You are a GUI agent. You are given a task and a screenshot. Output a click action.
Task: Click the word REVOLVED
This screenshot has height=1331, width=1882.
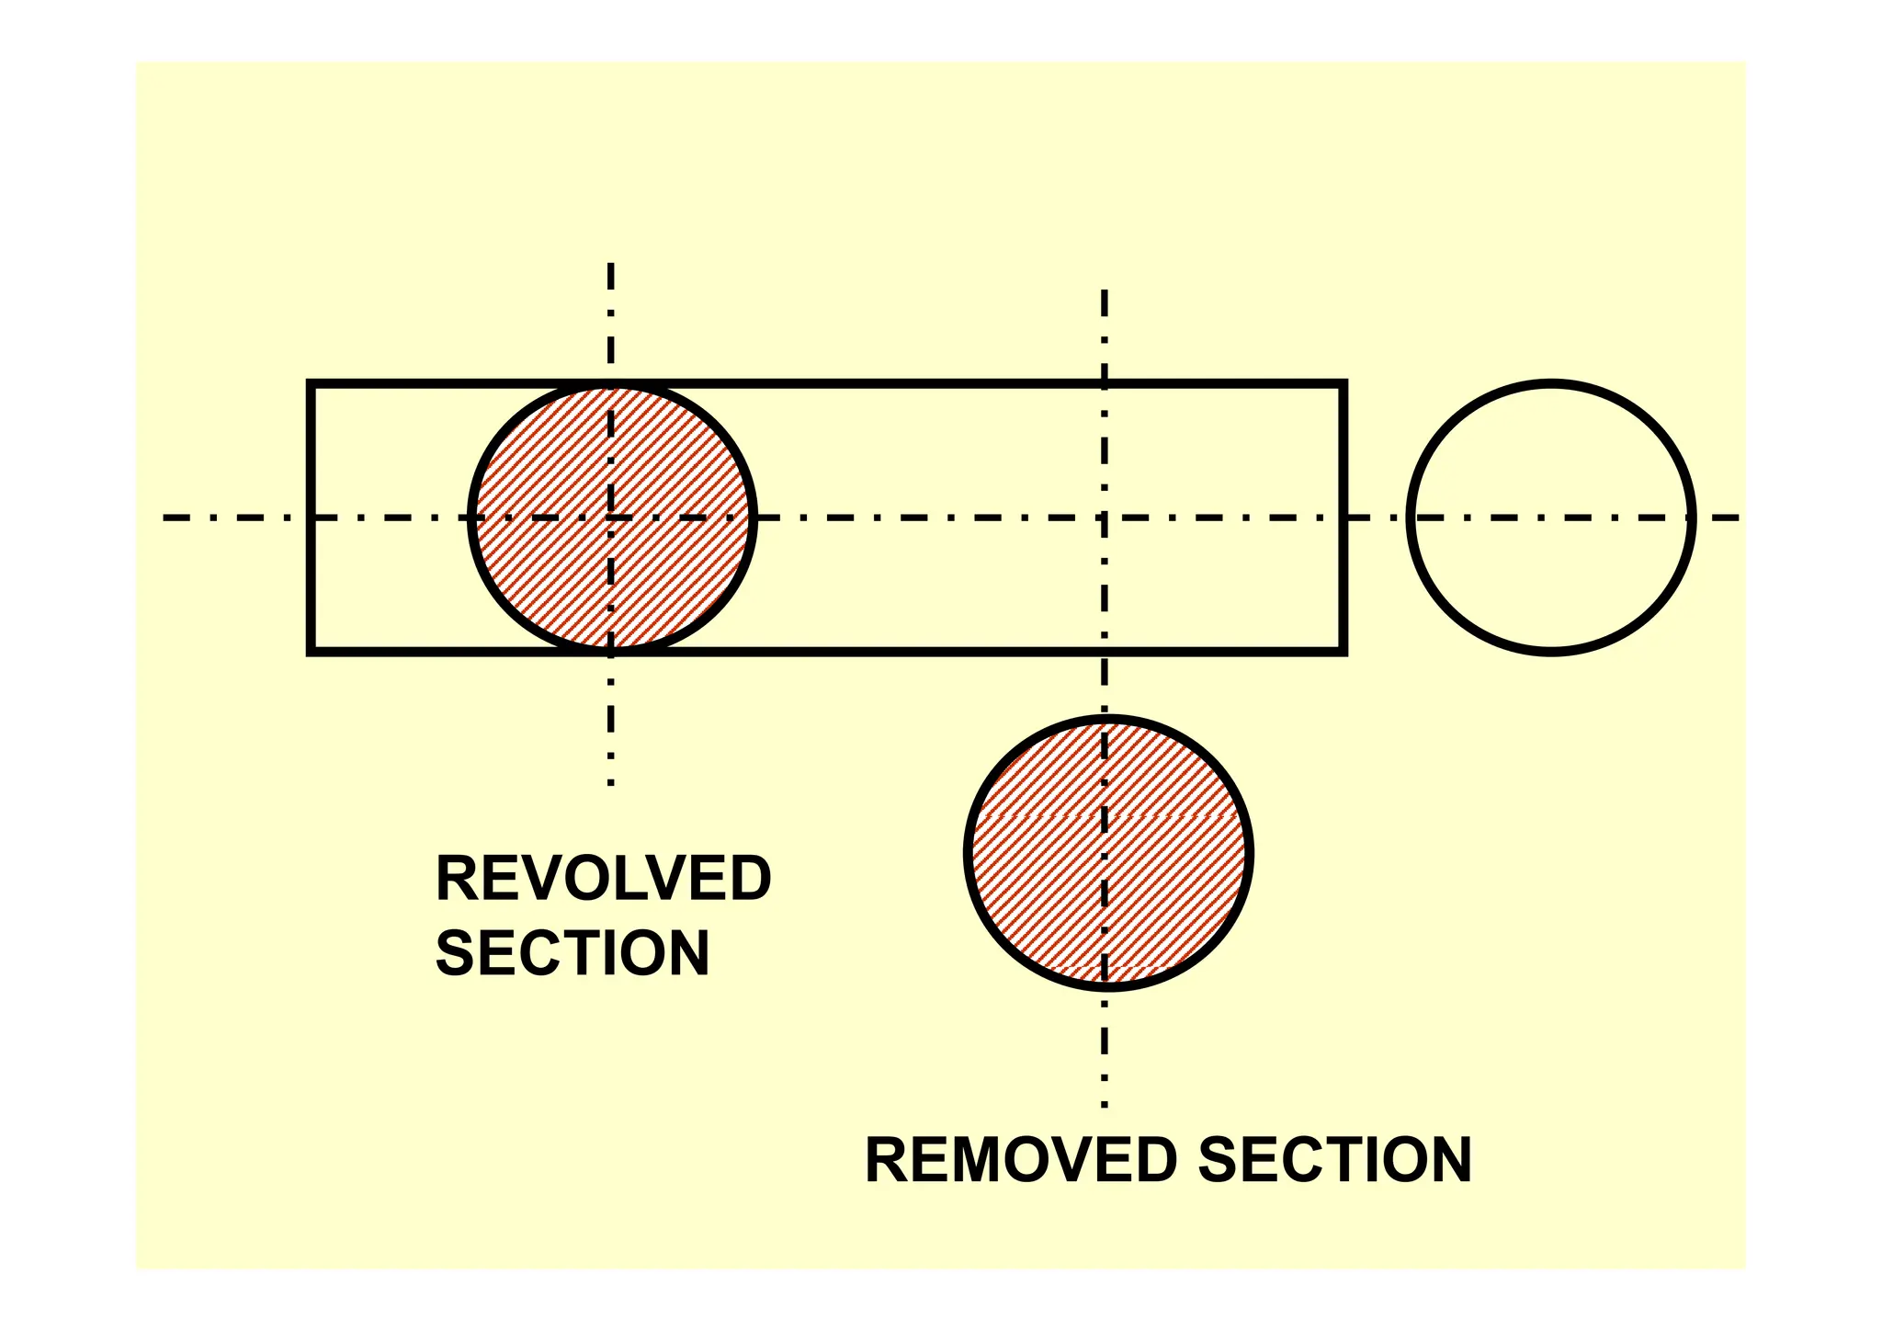(x=603, y=879)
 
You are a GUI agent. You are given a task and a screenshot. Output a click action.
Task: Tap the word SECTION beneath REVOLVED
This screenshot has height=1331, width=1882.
(x=572, y=953)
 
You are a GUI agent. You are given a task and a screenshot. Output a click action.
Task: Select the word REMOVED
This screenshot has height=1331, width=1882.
(x=1020, y=1160)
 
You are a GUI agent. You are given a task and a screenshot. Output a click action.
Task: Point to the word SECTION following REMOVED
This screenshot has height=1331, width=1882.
(x=1334, y=1160)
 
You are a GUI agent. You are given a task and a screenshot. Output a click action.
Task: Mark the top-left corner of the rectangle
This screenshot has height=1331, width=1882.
(x=312, y=384)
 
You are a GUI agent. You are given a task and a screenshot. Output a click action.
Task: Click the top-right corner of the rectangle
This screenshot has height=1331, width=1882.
(x=1343, y=384)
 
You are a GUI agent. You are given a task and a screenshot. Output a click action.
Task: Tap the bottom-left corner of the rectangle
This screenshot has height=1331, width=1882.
(x=312, y=651)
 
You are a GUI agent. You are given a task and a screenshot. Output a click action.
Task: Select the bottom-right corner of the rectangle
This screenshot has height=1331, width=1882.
(x=1343, y=651)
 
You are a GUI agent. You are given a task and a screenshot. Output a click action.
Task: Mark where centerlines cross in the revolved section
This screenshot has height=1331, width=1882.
(x=610, y=518)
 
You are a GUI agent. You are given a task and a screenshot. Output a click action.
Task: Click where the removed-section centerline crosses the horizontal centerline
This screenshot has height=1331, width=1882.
(x=1105, y=518)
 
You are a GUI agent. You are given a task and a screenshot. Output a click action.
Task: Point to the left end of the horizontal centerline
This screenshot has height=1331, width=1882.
(x=165, y=518)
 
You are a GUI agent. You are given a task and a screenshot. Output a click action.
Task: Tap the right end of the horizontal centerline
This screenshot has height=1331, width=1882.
(x=1737, y=518)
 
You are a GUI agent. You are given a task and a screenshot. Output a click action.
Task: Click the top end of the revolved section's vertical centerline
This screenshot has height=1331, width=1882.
(x=610, y=265)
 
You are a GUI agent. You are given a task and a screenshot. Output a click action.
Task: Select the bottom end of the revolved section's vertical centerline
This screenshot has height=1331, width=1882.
(x=610, y=784)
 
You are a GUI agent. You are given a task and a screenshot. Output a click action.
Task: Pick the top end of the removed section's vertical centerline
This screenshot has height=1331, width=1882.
(x=1105, y=291)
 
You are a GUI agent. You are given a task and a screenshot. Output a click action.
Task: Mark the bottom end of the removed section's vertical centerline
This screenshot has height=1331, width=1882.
(x=1105, y=1105)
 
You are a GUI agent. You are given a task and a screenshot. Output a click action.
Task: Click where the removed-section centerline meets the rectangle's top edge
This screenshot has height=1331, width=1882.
(x=1105, y=384)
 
